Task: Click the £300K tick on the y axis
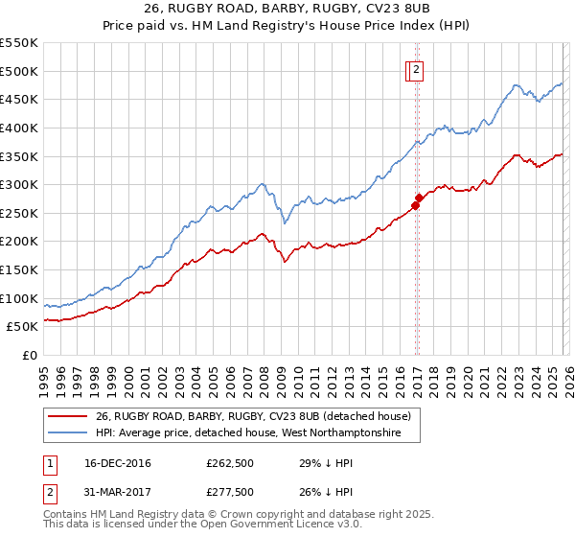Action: point(19,184)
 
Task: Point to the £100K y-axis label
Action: point(19,298)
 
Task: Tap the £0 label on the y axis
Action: point(29,355)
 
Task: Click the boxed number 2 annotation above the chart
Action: point(419,68)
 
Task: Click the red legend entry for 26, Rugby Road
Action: point(253,416)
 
